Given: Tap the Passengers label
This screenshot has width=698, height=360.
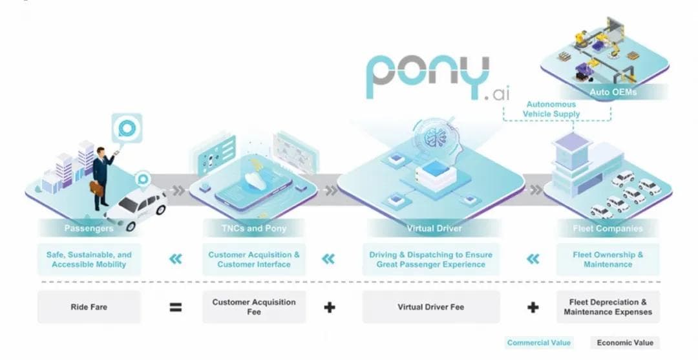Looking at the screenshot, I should click(89, 228).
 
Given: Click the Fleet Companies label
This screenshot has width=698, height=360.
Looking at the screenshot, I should click(608, 228).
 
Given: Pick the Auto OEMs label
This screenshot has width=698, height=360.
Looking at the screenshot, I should click(613, 92).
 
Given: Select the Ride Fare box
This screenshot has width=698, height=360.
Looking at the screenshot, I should click(89, 307).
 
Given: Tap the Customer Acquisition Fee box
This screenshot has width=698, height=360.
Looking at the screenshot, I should click(253, 307).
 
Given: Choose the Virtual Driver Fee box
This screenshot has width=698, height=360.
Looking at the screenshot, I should click(430, 307).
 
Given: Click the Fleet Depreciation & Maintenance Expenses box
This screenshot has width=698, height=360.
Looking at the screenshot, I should click(608, 307).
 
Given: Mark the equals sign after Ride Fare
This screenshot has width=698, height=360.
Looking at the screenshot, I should click(175, 307).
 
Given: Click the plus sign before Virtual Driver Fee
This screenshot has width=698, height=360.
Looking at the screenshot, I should click(329, 307).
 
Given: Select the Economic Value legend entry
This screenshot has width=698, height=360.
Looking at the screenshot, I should click(624, 343).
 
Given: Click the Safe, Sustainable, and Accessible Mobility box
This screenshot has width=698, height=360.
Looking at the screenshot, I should click(89, 259).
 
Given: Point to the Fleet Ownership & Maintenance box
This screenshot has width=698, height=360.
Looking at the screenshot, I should click(608, 259).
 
